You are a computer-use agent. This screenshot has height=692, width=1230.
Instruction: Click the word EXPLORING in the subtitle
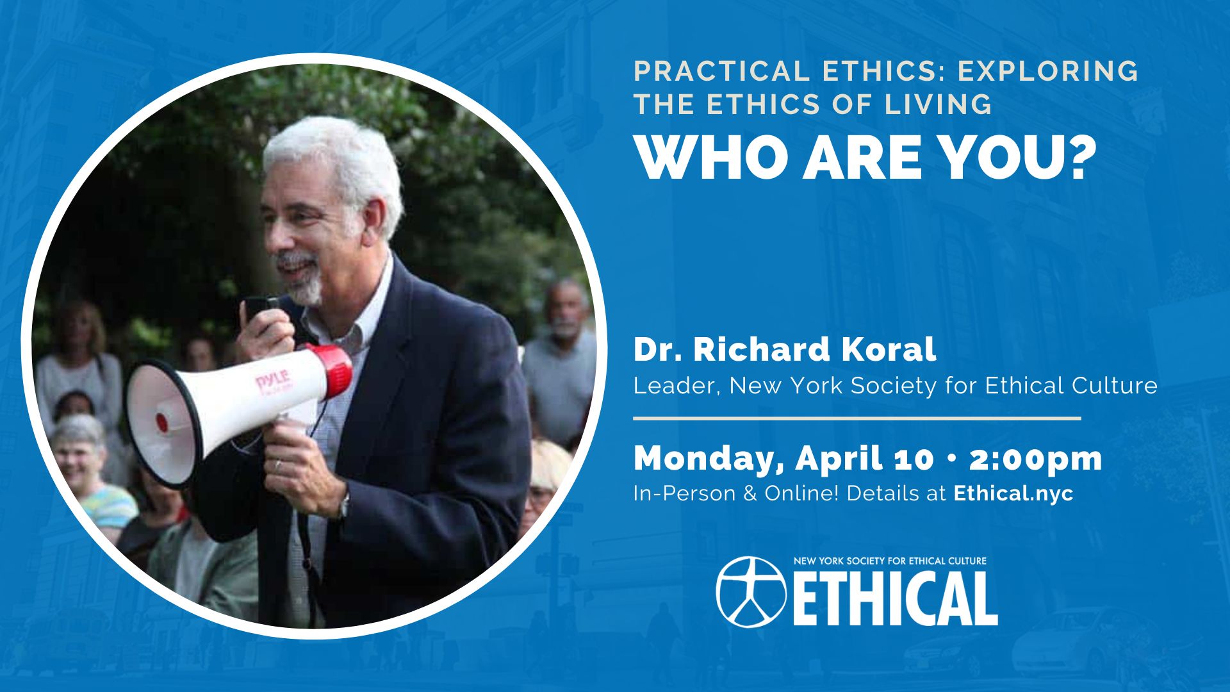1048,71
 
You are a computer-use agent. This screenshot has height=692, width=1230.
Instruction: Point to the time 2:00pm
1035,459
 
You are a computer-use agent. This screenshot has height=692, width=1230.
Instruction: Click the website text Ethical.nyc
1013,493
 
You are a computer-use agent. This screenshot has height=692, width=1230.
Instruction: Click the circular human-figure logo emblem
751,591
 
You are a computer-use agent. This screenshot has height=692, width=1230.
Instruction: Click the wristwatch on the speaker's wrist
344,506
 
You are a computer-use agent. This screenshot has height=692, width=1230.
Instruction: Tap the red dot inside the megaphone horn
162,422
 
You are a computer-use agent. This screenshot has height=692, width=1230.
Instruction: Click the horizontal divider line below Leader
857,418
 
